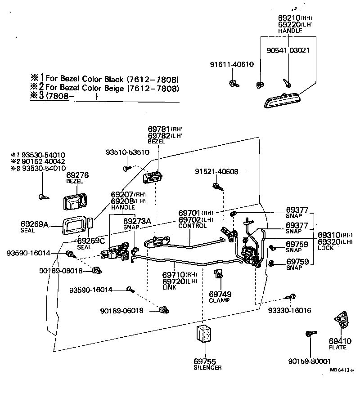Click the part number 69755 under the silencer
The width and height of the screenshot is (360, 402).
tap(205, 361)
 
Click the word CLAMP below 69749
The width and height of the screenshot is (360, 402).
tap(219, 300)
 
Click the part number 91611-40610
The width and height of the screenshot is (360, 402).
tap(232, 64)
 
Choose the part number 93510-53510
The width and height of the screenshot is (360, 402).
tap(127, 152)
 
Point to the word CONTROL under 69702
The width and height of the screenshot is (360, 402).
tap(192, 226)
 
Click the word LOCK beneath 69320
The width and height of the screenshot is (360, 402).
tap(326, 248)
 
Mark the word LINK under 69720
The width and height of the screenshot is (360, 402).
tap(170, 287)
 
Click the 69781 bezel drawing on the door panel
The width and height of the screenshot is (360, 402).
tap(152, 178)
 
